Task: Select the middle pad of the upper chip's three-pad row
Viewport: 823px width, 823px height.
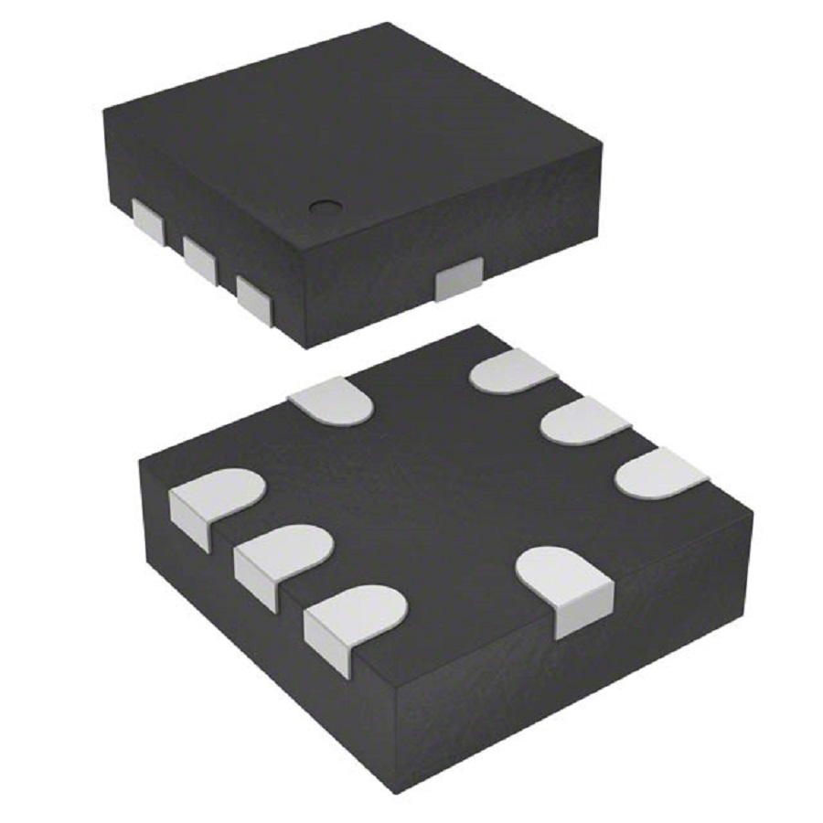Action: [x=198, y=259]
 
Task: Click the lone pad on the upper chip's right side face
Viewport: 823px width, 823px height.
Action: [x=458, y=278]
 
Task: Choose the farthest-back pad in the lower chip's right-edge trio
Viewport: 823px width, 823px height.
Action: [x=513, y=370]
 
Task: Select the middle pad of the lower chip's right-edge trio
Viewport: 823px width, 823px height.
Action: [x=584, y=422]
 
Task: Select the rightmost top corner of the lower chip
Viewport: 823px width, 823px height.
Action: [x=753, y=512]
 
